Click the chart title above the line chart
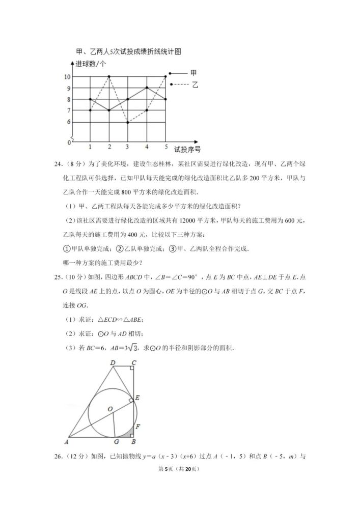click(x=129, y=51)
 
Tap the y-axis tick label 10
click(x=81, y=77)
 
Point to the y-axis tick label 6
click(x=82, y=122)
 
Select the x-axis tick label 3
click(x=128, y=147)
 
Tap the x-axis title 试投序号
click(x=187, y=149)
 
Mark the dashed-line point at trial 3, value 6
click(x=128, y=122)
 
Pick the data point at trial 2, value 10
click(x=109, y=76)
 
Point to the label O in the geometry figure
click(x=109, y=409)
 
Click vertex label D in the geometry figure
click(x=112, y=362)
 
